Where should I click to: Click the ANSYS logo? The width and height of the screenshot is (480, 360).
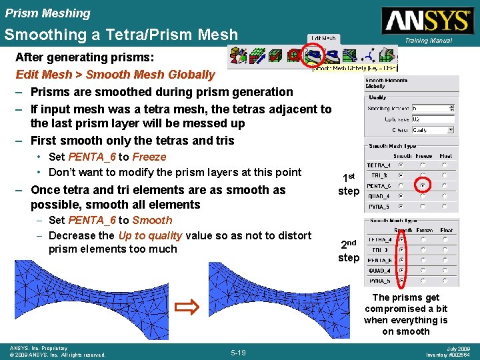(426, 21)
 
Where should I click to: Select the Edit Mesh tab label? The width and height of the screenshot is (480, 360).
(323, 39)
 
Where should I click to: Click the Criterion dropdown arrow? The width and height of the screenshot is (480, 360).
(451, 131)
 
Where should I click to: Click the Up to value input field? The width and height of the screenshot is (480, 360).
(432, 119)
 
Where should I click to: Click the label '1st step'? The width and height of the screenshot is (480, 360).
(348, 185)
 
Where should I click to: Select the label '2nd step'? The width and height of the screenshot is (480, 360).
(348, 251)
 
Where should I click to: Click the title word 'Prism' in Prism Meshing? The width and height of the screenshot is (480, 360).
(20, 13)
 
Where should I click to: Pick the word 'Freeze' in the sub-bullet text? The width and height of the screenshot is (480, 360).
(149, 157)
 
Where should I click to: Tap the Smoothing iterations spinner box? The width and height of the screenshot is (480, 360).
(432, 107)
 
